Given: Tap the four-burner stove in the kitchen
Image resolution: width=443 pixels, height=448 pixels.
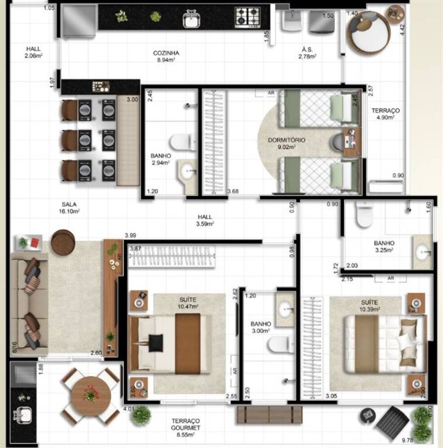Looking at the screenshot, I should [248, 17].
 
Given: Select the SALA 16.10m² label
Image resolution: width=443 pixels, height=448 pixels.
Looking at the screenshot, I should [66, 207].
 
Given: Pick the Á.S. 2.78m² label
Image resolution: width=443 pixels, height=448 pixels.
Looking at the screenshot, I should [307, 53].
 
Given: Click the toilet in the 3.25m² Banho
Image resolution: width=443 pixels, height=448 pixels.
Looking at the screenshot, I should [364, 215].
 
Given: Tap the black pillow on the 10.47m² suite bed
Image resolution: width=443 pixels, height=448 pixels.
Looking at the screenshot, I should [156, 343].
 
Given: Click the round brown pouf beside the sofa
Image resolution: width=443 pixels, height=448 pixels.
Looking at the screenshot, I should [63, 242].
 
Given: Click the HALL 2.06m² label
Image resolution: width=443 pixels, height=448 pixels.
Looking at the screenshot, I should [34, 52].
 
